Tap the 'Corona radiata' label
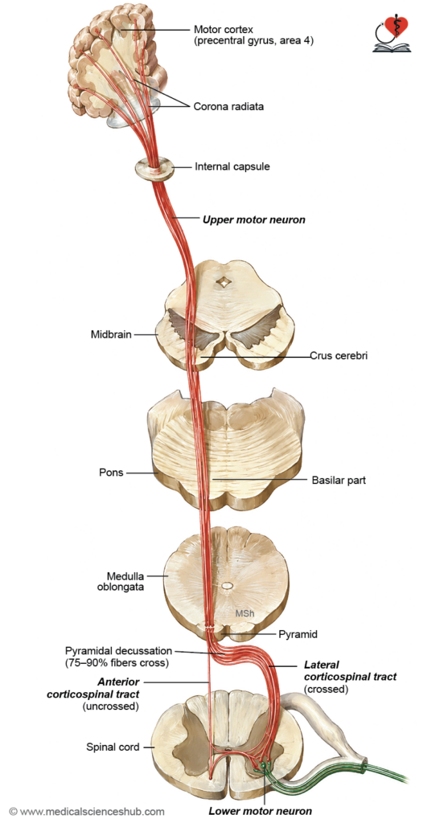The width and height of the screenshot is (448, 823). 228,107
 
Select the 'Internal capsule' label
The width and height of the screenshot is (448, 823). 232,167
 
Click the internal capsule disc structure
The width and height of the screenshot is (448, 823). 154,169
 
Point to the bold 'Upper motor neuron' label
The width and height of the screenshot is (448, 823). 253,220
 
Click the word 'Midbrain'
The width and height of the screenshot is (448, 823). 111,334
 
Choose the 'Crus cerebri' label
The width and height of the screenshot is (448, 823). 339,355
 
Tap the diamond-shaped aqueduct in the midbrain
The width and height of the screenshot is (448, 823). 225,282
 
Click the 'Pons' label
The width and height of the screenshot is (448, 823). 111,472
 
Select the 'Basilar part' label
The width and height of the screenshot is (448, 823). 339,480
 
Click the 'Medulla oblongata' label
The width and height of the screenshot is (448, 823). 121,582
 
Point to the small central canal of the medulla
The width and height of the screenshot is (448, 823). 226,585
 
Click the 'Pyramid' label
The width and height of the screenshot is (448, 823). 298,634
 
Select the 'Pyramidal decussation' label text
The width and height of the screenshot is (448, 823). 118,651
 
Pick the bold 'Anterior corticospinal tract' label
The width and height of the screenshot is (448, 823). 93,688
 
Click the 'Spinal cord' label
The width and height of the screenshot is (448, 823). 113,747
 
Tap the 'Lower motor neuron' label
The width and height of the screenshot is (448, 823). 260,811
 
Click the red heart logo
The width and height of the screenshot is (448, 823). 397,27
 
